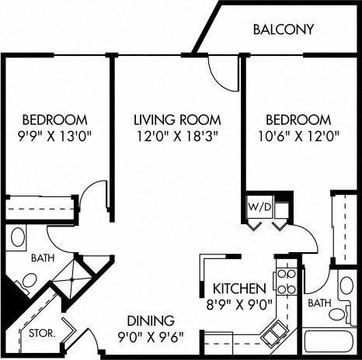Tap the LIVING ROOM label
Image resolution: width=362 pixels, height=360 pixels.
(x=177, y=120)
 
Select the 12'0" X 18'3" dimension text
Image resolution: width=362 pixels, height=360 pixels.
(x=177, y=138)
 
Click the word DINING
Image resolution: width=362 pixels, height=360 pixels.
(x=152, y=320)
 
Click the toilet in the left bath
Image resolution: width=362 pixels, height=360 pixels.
(x=24, y=289)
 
